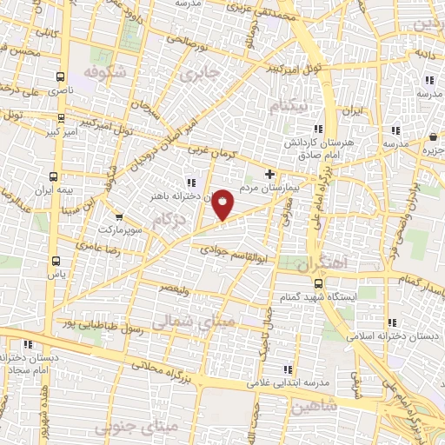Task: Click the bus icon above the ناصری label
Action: coord(60,76)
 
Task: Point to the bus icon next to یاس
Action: coord(56,260)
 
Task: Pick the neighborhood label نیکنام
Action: coord(289,105)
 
